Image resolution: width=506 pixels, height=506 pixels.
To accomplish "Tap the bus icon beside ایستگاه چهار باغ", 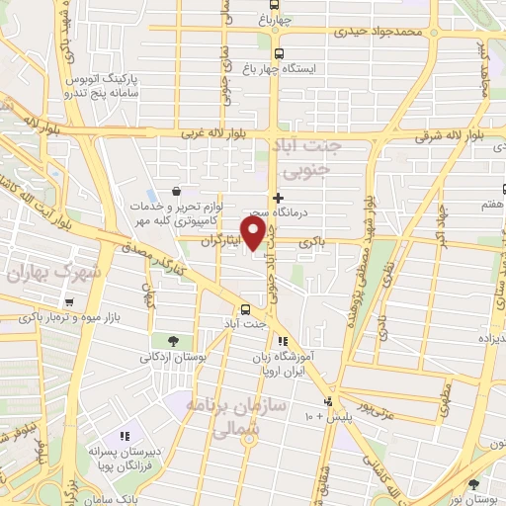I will pos(279,54).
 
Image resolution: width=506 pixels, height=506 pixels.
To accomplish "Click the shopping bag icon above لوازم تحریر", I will pos(175,192).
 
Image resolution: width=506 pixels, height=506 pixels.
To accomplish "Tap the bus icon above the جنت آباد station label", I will pos(246,308).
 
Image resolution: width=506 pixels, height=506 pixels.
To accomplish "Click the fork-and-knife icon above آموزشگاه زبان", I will pos(283,341).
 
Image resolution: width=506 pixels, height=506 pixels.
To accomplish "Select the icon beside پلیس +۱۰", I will pos(327,402).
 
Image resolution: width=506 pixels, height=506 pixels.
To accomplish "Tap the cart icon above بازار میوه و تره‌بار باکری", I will pos(68,302).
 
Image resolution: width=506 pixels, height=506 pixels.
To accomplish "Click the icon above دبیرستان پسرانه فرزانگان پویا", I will pos(125,435).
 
